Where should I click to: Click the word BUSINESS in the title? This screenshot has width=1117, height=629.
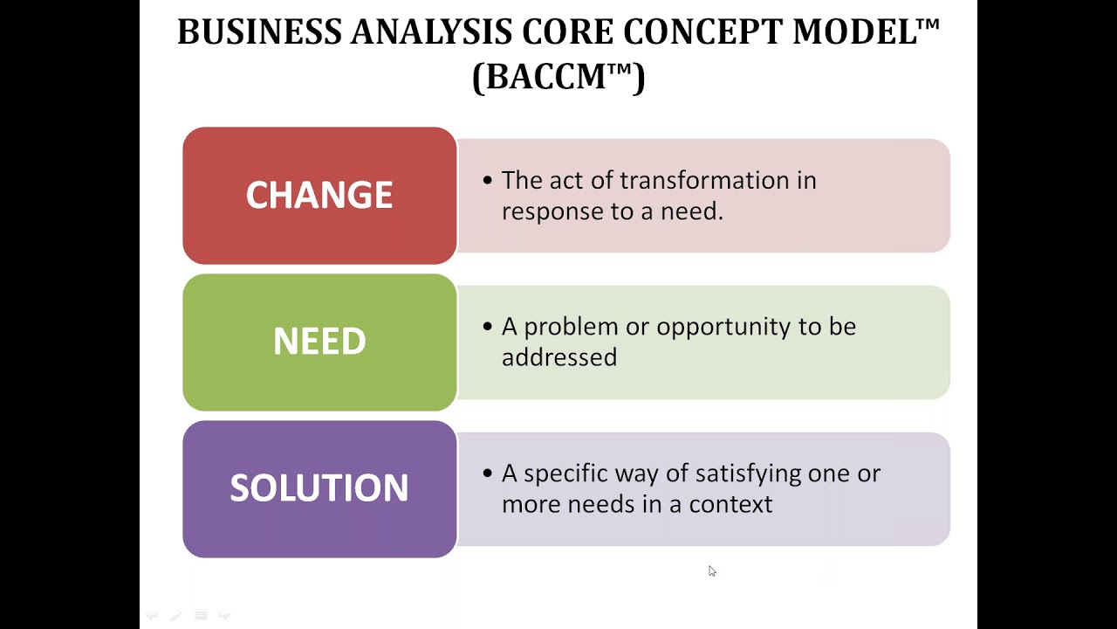(259, 32)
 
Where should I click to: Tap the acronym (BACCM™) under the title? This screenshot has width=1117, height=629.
(558, 77)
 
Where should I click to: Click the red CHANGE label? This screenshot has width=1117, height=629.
(319, 195)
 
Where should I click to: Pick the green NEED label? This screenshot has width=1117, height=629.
(319, 342)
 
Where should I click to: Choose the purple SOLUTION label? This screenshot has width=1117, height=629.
(319, 488)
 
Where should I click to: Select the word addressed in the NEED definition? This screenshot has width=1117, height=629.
(559, 357)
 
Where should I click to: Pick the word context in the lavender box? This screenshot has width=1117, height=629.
(730, 505)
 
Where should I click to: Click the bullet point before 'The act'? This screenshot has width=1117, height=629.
(488, 181)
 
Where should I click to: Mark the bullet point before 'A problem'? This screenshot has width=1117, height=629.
(488, 327)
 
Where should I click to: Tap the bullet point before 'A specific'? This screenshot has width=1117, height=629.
(488, 473)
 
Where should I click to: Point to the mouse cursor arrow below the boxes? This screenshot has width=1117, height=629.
(711, 570)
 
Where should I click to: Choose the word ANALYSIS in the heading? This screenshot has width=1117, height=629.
(431, 32)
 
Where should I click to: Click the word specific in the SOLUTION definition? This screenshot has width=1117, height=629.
(565, 473)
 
